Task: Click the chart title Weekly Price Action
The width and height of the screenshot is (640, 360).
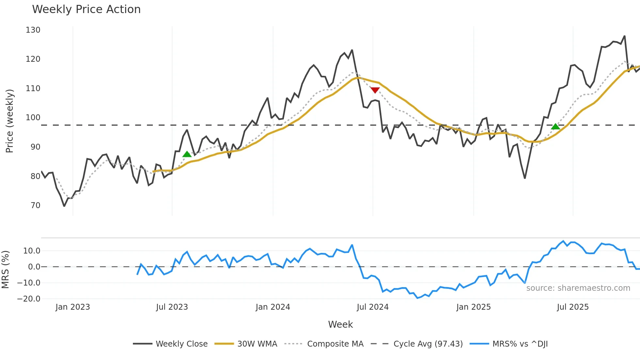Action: [x=86, y=9]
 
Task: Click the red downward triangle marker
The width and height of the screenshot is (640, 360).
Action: [x=375, y=90]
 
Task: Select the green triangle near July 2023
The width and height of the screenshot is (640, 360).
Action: [x=187, y=154]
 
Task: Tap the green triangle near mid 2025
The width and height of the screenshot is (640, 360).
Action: [x=555, y=126]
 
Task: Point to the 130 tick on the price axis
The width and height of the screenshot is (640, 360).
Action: [x=33, y=30]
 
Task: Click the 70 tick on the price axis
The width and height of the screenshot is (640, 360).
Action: [x=35, y=205]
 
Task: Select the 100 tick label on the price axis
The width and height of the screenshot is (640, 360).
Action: [x=33, y=118]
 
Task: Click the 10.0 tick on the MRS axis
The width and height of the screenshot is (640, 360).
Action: [x=31, y=251]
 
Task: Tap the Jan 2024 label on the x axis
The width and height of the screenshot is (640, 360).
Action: [x=273, y=307]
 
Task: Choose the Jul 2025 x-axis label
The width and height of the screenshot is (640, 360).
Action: [x=572, y=307]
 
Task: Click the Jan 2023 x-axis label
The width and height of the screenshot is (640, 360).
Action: [x=72, y=307]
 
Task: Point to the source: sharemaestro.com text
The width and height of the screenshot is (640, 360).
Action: [x=578, y=288]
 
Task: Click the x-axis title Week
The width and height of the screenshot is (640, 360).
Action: [x=340, y=324]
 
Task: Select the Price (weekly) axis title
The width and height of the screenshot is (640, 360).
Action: [x=9, y=121]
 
